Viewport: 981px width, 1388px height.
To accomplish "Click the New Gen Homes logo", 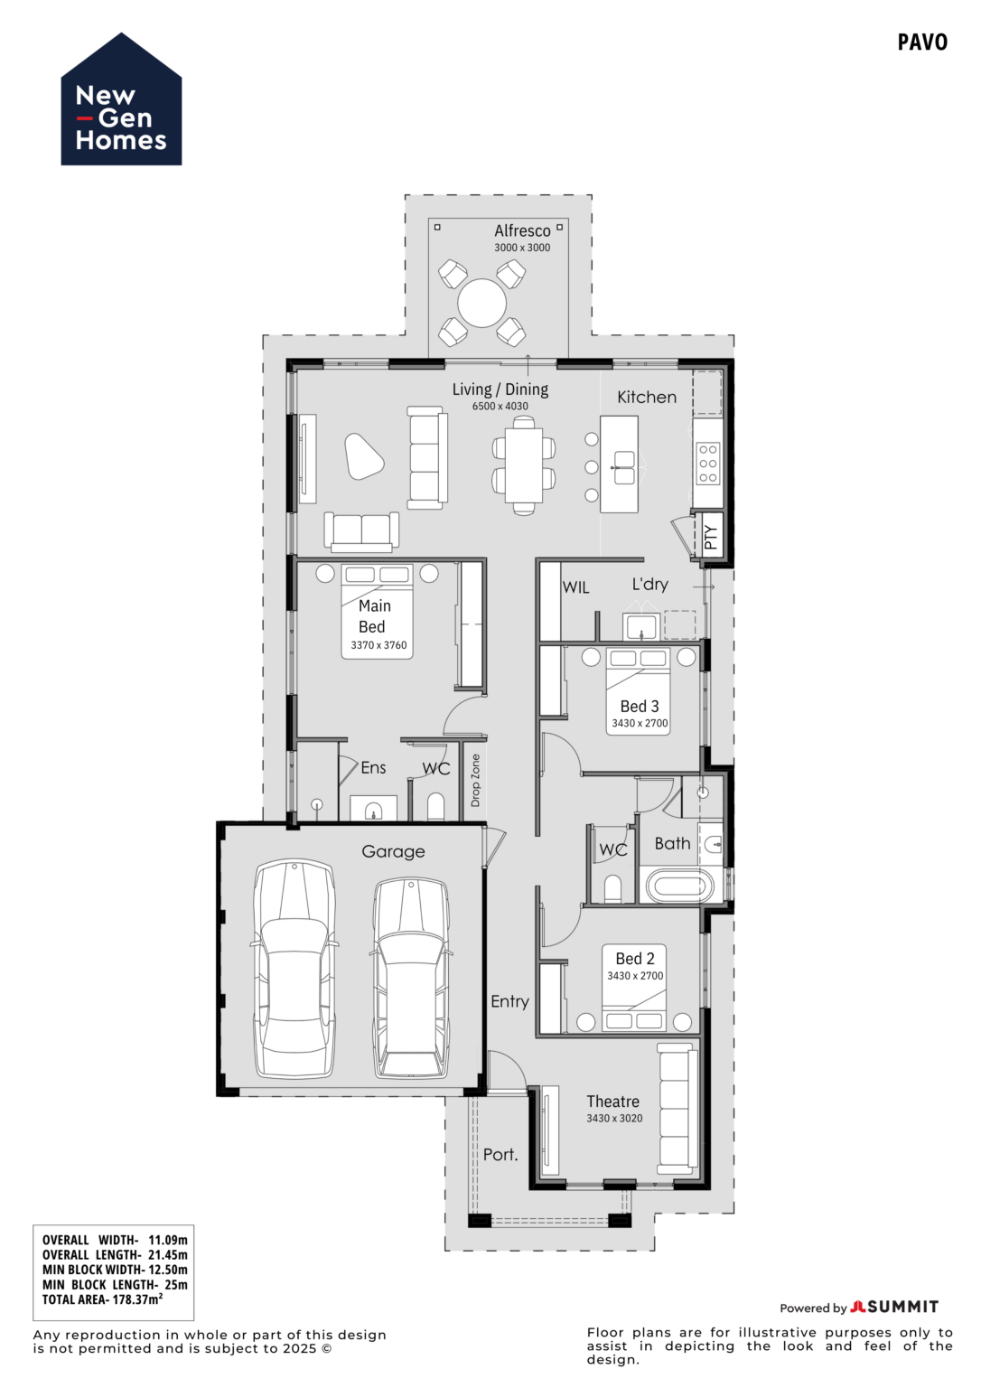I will click(121, 101).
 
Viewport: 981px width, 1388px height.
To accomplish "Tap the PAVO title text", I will click(921, 42).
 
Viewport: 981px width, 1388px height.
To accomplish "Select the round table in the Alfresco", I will click(481, 303).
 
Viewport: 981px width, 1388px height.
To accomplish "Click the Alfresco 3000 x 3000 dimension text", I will click(521, 248).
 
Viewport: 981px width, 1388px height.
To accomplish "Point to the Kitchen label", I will click(646, 397).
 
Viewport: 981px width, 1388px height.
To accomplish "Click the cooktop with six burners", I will click(707, 464).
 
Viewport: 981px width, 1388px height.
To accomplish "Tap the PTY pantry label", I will click(711, 537).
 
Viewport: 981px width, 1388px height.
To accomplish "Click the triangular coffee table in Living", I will click(364, 455).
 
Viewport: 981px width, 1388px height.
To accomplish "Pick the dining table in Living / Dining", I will click(523, 464).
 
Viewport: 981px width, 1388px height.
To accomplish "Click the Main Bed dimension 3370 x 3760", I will click(378, 645).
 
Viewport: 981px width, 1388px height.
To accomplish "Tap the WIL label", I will click(575, 587).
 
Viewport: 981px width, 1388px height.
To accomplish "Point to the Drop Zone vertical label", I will click(475, 780).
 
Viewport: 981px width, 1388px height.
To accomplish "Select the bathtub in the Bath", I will click(679, 886).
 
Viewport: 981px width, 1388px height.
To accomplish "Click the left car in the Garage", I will click(294, 969).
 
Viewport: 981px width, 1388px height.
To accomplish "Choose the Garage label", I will click(393, 851).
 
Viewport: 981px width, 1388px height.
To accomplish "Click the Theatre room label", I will click(612, 1102).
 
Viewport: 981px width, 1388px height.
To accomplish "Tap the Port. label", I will click(500, 1154).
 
